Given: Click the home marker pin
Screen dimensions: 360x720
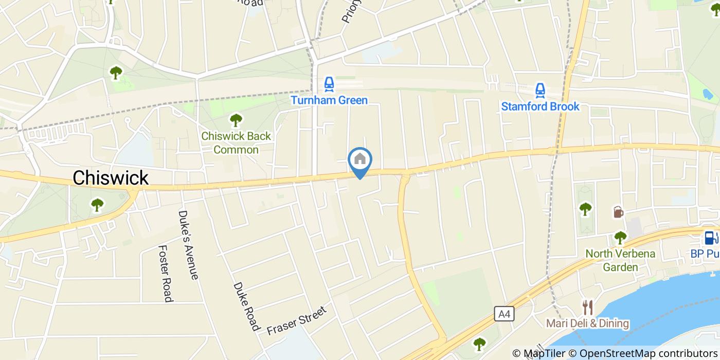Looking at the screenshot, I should click(360, 160).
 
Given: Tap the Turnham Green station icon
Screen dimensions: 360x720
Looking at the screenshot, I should click(329, 83).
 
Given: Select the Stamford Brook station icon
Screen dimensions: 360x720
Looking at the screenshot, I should click(540, 91).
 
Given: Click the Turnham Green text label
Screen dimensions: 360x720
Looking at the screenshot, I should click(329, 100).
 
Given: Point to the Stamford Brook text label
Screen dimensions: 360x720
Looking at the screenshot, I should click(540, 107).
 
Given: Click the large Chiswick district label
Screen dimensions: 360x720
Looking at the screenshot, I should click(111, 178).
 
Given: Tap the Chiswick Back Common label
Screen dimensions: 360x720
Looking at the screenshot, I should click(236, 143).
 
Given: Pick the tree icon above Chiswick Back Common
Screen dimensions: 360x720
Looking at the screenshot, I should click(236, 120).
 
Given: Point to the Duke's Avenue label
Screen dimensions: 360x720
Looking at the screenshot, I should click(188, 245).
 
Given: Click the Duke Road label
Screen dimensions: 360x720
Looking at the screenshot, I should click(245, 306).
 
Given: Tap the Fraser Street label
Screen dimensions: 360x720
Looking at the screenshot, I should click(297, 321).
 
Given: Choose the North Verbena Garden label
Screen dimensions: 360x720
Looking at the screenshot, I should click(613, 260).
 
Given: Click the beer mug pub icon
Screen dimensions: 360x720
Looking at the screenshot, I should click(618, 212).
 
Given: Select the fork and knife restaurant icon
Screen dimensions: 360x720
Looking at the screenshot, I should click(587, 308).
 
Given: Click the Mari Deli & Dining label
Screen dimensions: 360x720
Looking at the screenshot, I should click(587, 323).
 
